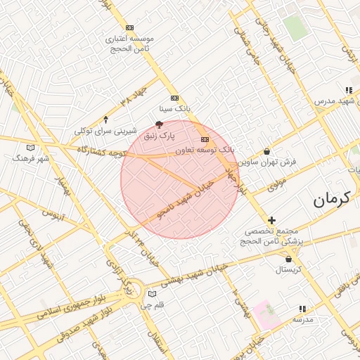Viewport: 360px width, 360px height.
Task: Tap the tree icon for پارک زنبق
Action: point(159,124)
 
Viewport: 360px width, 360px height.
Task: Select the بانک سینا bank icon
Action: point(174,98)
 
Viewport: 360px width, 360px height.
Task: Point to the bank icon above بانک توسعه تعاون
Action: point(205,140)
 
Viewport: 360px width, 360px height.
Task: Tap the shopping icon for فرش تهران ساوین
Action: point(266,152)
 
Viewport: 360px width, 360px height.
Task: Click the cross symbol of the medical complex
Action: point(272,221)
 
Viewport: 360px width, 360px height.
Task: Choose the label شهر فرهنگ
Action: point(31,158)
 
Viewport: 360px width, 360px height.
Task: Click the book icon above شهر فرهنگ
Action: point(30,148)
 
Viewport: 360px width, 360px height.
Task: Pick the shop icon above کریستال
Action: point(288,259)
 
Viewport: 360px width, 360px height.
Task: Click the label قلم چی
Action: point(153,305)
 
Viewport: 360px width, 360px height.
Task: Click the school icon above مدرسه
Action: point(302,309)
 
